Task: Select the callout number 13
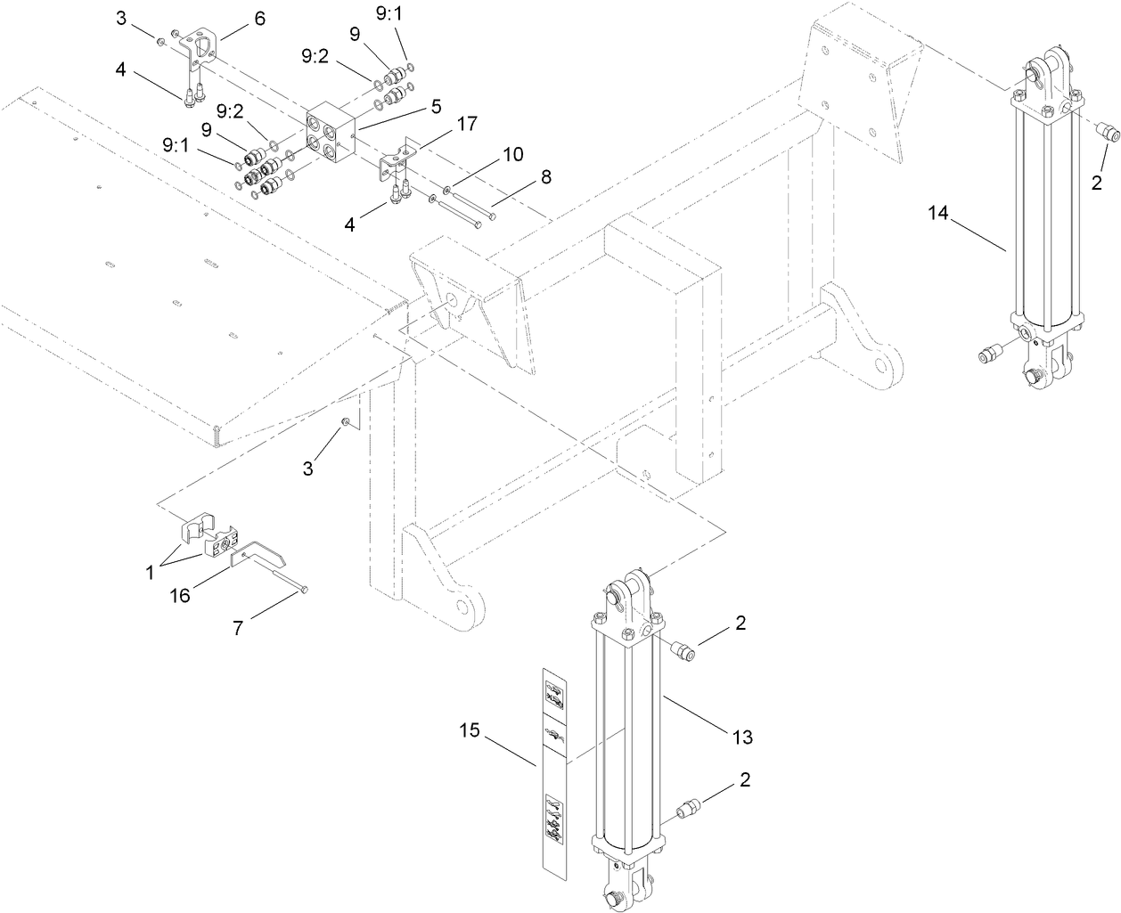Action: [742, 737]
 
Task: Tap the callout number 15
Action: [470, 730]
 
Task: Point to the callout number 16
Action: [181, 595]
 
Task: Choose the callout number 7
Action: [238, 628]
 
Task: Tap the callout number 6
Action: [259, 19]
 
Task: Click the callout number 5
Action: [436, 106]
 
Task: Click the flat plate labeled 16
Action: [258, 558]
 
